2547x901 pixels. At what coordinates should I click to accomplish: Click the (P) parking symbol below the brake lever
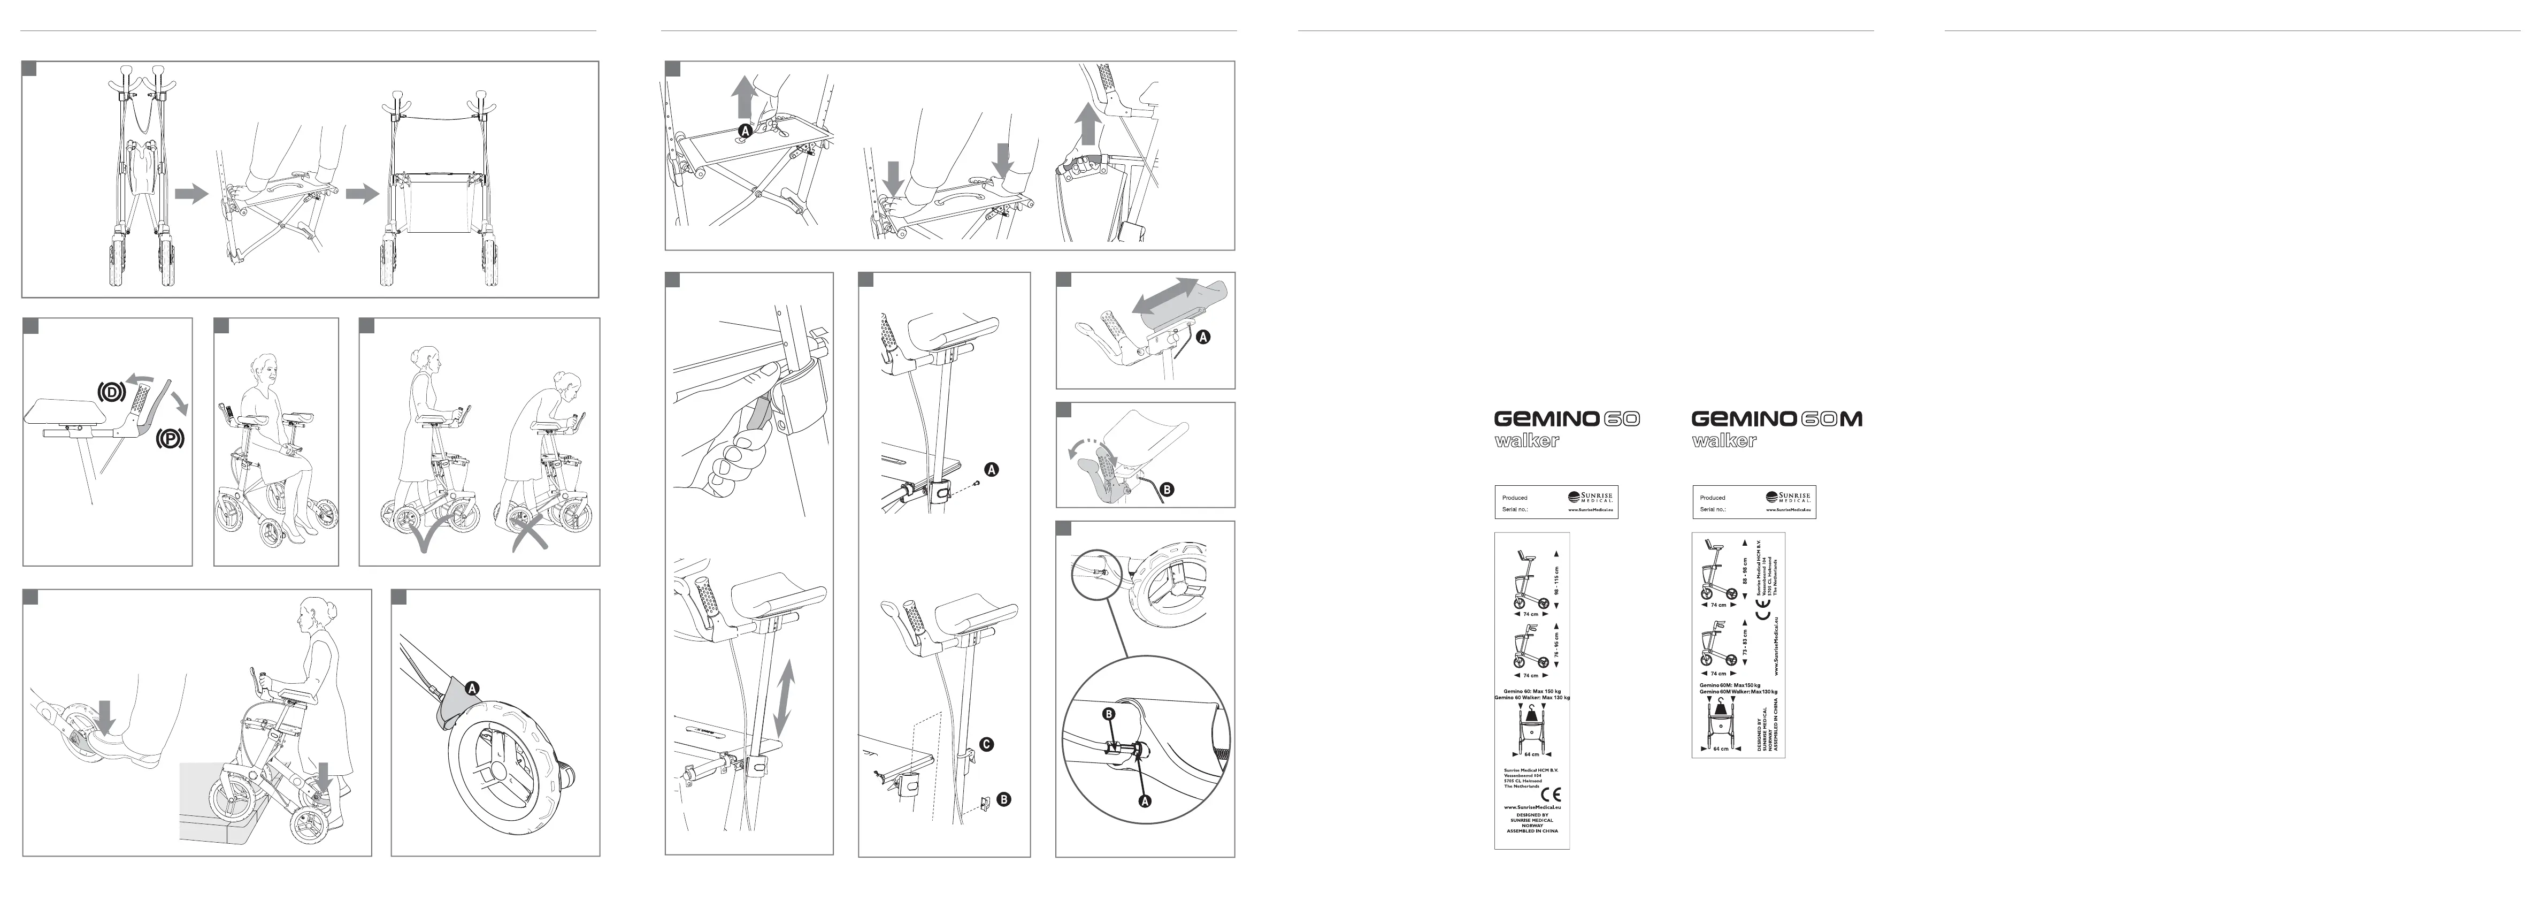168,438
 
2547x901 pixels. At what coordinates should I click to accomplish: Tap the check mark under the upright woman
425,538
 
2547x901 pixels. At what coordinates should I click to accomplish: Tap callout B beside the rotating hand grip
1166,488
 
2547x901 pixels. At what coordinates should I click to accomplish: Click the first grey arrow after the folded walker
191,194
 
